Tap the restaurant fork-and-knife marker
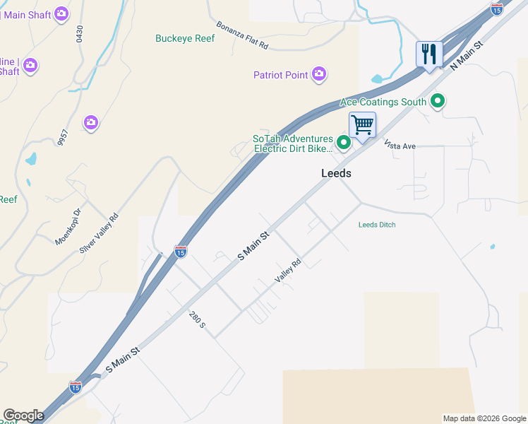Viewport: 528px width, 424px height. (428, 54)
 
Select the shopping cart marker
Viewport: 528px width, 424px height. (362, 126)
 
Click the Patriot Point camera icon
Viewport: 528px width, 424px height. (319, 74)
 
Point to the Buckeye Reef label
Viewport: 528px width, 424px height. (185, 39)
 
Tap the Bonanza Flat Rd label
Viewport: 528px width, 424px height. (243, 35)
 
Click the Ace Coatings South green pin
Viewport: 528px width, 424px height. (438, 102)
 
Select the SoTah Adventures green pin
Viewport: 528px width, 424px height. (344, 143)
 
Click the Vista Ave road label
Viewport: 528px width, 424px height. (400, 146)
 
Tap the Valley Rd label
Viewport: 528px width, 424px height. (288, 271)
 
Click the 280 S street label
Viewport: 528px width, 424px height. (197, 319)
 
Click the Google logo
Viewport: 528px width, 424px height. (23, 416)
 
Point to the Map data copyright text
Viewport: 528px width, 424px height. (484, 418)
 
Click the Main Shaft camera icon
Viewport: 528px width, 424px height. (61, 13)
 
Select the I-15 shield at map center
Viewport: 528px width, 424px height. (180, 251)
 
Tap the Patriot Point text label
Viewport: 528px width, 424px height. (282, 75)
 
